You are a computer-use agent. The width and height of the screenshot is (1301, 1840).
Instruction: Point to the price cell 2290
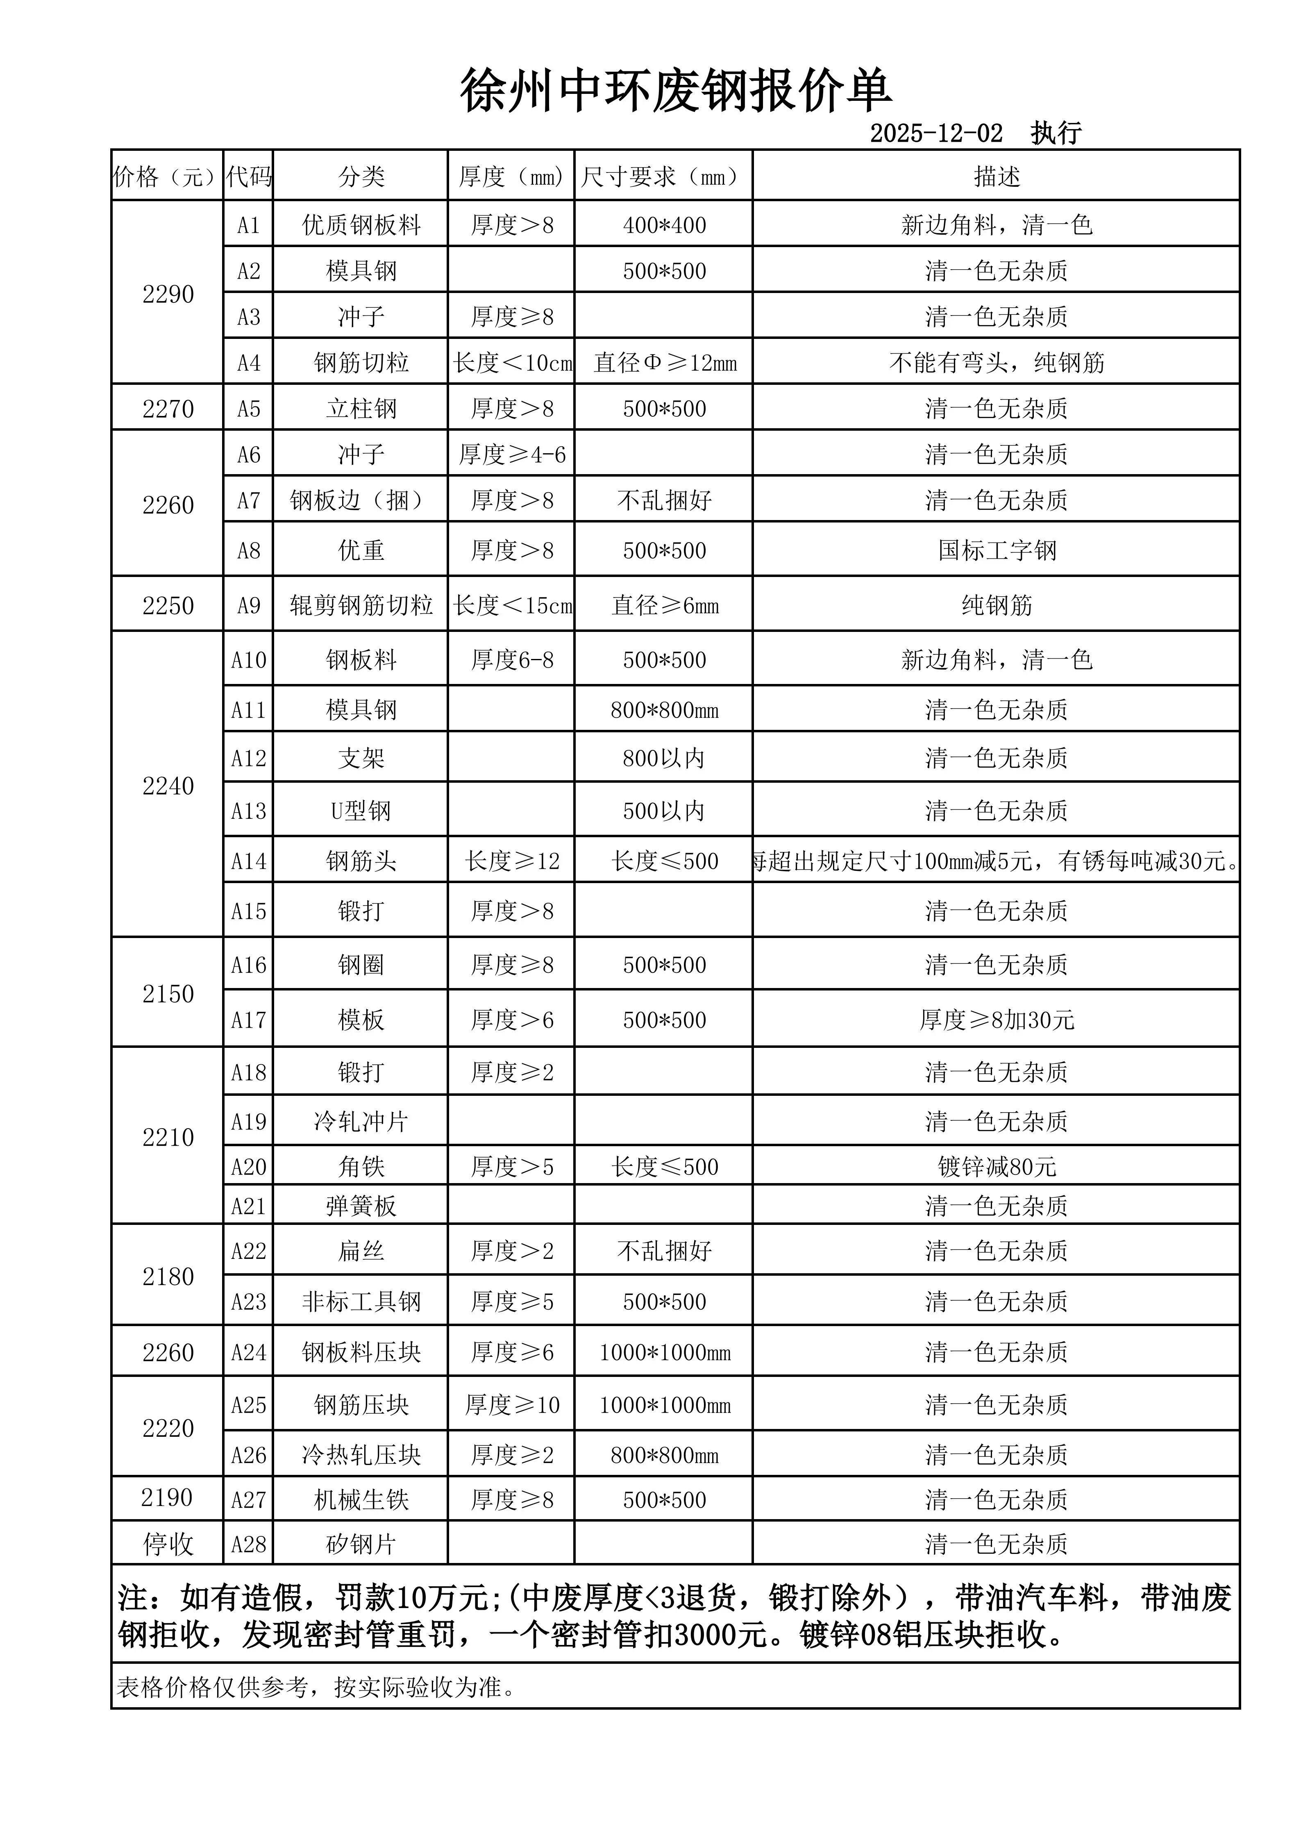click(168, 294)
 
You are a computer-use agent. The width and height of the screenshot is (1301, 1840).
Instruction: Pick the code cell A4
click(248, 363)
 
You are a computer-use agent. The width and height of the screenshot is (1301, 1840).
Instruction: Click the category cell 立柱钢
click(361, 409)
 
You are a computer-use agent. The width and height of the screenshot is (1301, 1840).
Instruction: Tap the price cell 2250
click(168, 605)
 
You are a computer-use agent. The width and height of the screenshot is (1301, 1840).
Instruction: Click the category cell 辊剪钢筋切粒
click(361, 605)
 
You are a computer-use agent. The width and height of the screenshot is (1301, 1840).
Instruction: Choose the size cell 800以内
click(664, 758)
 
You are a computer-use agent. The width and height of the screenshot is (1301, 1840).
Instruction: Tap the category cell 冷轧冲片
click(361, 1121)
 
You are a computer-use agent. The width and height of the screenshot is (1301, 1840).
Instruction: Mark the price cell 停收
click(168, 1544)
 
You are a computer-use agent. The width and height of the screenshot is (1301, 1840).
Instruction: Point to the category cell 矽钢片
click(361, 1544)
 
